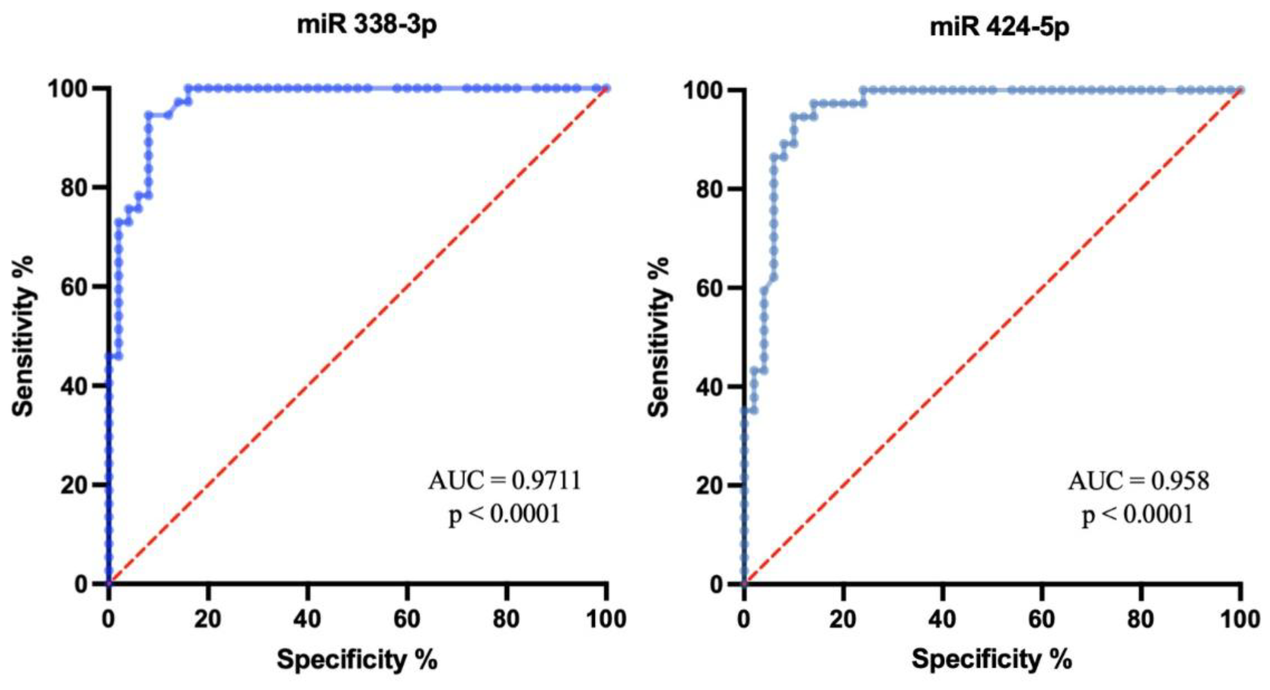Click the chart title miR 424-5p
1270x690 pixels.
[x=999, y=27]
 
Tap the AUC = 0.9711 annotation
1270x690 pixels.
[x=504, y=480]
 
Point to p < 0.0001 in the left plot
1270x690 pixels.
[x=504, y=514]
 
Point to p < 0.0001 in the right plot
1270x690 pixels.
[x=1138, y=514]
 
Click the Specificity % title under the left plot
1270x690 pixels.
[x=357, y=659]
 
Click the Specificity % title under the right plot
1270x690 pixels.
[x=991, y=659]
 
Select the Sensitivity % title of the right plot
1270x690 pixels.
[x=658, y=337]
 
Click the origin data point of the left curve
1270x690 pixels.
[x=109, y=584]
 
